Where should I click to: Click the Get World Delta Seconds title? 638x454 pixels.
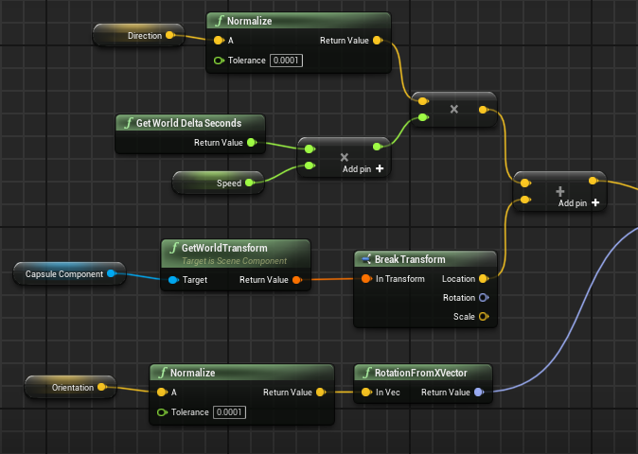click(189, 123)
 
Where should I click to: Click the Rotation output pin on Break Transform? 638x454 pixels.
click(483, 297)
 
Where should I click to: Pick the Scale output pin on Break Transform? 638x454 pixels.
click(483, 316)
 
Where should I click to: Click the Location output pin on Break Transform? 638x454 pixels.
click(483, 279)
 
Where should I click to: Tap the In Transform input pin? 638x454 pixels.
click(366, 279)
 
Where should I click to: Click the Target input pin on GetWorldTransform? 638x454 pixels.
click(172, 280)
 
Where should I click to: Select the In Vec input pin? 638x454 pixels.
click(366, 393)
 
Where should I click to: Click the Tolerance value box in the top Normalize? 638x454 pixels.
click(287, 61)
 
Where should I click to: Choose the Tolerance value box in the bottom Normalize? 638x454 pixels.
click(229, 412)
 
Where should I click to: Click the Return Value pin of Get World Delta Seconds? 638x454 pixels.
click(251, 143)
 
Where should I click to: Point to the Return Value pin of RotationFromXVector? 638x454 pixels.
click(478, 393)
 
